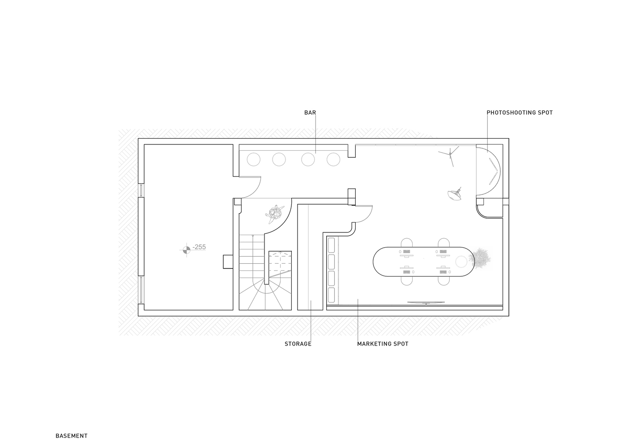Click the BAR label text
click(x=310, y=113)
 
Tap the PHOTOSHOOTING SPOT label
click(x=520, y=113)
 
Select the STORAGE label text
click(x=298, y=344)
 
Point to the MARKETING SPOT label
click(x=383, y=344)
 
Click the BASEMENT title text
click(x=72, y=436)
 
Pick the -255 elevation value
click(x=199, y=247)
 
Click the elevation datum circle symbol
click(x=187, y=250)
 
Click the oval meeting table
click(x=423, y=261)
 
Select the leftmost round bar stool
click(x=253, y=160)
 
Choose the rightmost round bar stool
click(x=333, y=160)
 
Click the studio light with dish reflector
click(x=454, y=194)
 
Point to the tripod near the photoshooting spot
click(x=449, y=156)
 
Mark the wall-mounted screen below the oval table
click(x=426, y=303)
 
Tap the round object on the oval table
click(x=461, y=261)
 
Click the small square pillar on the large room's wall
click(x=228, y=261)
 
